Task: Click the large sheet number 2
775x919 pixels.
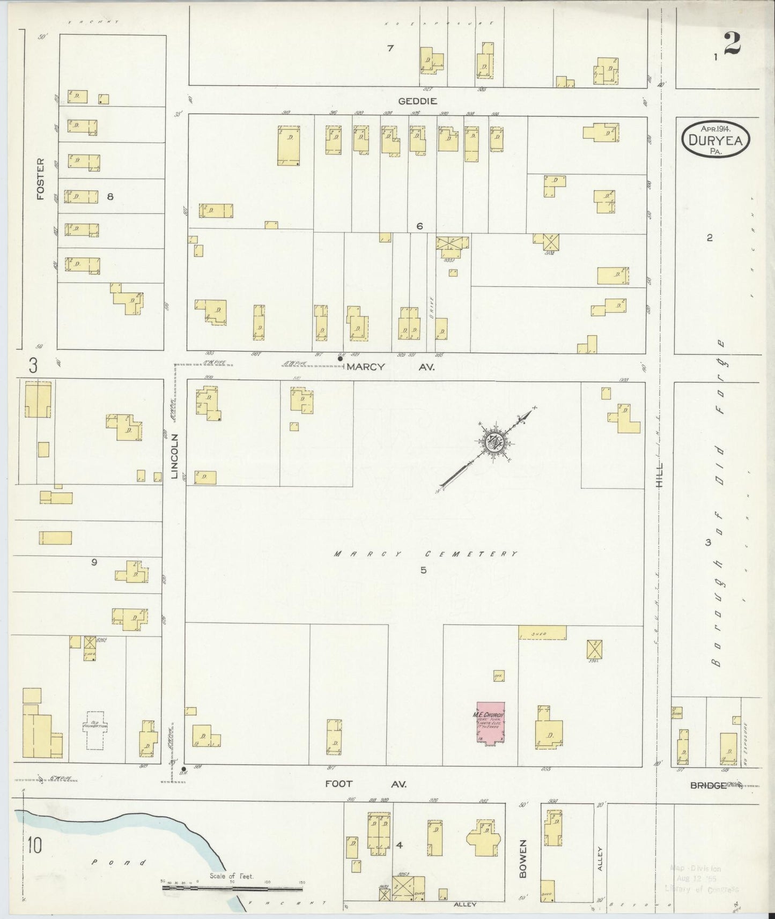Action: click(x=732, y=43)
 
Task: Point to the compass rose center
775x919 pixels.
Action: click(x=494, y=442)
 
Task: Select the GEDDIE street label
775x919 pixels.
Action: click(x=417, y=101)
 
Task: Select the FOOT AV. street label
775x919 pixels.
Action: click(x=366, y=783)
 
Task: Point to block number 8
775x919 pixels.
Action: click(x=110, y=197)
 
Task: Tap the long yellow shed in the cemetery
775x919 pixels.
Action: click(x=542, y=633)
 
